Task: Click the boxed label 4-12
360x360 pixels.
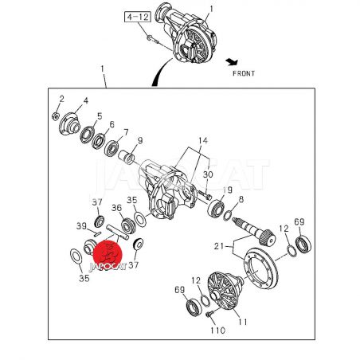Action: [138, 17]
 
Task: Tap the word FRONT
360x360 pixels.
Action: [244, 73]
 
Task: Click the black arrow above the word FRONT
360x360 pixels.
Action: [232, 62]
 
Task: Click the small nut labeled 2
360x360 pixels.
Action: [55, 116]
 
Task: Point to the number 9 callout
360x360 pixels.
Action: [140, 140]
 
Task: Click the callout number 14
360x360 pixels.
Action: [203, 140]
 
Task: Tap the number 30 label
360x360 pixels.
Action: [208, 174]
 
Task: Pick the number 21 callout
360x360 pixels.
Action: [219, 246]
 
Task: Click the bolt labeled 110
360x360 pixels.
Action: [209, 314]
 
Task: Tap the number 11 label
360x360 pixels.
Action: [242, 322]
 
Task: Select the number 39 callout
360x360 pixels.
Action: [81, 226]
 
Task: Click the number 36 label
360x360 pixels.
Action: [116, 208]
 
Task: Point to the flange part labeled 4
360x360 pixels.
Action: [69, 124]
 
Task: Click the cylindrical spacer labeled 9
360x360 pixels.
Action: [126, 158]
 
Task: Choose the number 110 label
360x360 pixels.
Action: [218, 331]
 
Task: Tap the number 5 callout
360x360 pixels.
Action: [100, 116]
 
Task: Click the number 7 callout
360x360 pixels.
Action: [126, 132]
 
